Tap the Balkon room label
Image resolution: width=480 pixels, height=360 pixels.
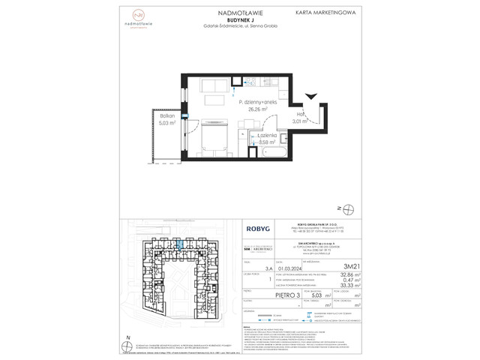pyautogui.click(x=166, y=116)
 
